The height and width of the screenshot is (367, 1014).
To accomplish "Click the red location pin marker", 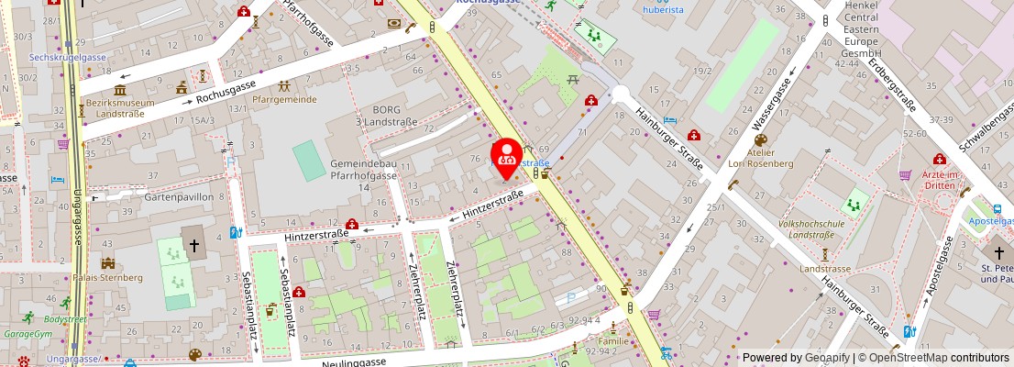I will [x=507, y=155].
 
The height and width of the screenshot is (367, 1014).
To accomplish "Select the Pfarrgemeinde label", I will [x=284, y=99].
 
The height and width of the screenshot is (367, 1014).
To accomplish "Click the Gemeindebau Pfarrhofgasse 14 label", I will [x=364, y=174].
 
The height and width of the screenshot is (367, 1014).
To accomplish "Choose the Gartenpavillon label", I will [x=180, y=196].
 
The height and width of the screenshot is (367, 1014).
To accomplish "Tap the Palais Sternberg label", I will [x=109, y=277].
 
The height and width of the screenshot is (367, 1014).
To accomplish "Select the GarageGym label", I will [x=28, y=334].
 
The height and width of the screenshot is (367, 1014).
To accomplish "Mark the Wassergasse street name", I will [x=771, y=103].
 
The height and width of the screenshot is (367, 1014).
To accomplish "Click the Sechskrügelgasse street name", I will [x=68, y=57].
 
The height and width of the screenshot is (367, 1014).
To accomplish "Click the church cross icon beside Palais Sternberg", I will [x=194, y=245].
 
